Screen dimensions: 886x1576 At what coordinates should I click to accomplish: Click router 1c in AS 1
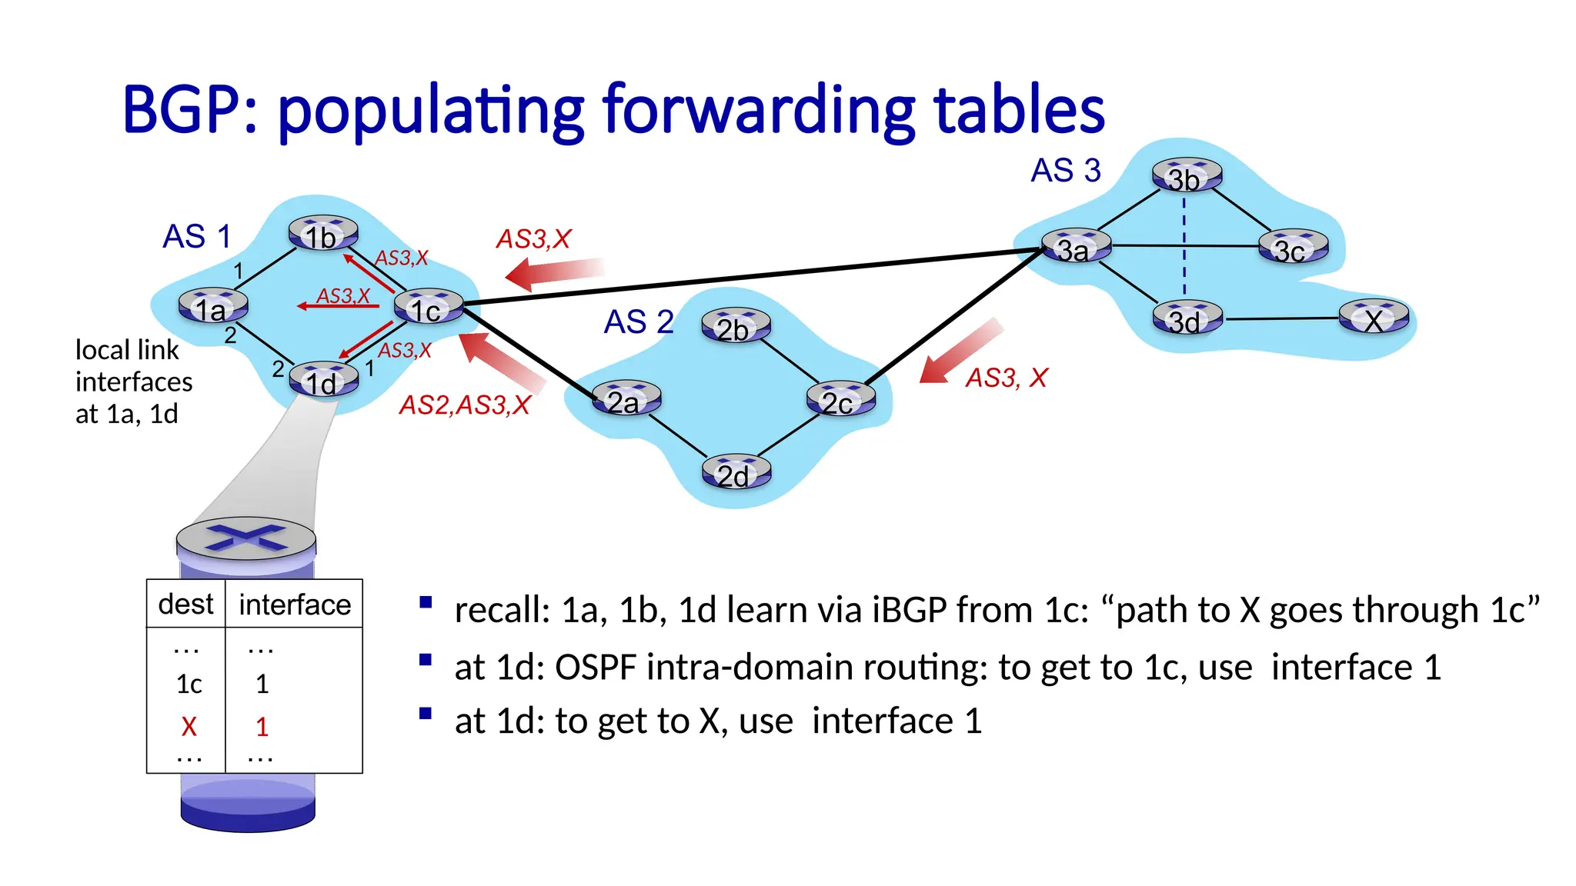tap(429, 307)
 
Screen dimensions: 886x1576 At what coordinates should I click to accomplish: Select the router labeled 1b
tap(323, 234)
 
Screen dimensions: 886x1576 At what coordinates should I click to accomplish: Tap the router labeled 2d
tap(736, 472)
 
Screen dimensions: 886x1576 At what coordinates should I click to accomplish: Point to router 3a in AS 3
tap(1076, 247)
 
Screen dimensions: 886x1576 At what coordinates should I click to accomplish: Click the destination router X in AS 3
tap(1374, 318)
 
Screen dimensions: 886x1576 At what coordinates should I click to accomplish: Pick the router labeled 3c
tap(1293, 248)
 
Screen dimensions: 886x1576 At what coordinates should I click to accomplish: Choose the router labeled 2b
tap(736, 326)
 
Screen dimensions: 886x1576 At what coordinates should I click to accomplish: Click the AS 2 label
tap(639, 321)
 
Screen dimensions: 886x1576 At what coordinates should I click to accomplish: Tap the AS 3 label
tap(1066, 170)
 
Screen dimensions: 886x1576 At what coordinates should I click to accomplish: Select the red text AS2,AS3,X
tap(465, 405)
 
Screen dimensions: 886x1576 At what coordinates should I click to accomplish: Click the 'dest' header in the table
tap(185, 604)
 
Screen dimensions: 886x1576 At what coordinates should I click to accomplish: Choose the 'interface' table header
tap(295, 605)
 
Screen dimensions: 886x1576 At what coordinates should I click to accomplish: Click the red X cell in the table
tap(189, 726)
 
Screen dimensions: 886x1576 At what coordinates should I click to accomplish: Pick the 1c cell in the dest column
tap(189, 684)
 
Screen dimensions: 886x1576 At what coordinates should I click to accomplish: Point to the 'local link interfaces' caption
tap(133, 381)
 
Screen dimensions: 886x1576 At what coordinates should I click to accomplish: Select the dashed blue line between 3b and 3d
tap(1184, 246)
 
